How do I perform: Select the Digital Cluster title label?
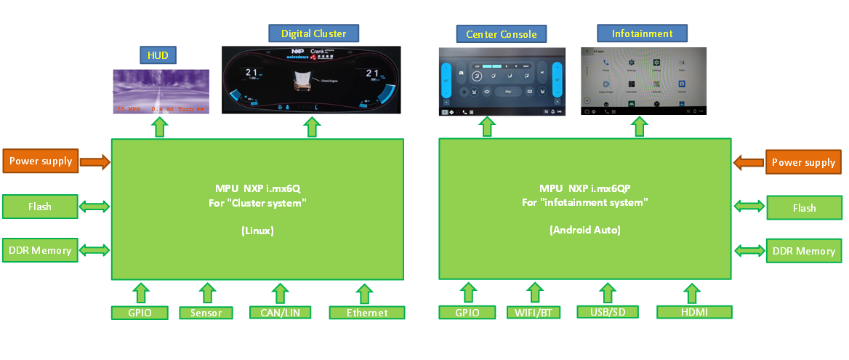click(314, 33)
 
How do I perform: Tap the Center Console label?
click(501, 33)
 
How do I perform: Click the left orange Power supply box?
click(40, 161)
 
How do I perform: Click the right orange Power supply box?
click(804, 162)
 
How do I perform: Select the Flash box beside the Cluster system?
click(40, 207)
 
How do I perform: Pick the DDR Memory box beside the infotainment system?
click(804, 251)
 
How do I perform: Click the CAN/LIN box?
click(280, 313)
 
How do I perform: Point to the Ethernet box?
click(366, 313)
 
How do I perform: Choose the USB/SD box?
click(607, 312)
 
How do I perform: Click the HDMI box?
click(693, 312)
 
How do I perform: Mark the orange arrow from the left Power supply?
click(94, 161)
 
